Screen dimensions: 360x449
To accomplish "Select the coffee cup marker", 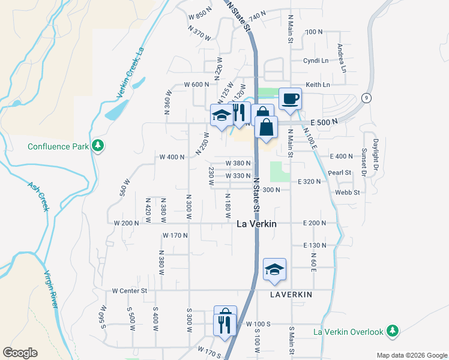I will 290,99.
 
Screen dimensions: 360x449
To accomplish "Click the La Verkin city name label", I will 256,224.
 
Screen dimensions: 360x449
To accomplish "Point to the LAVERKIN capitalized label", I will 291,296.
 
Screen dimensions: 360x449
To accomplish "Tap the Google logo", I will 20,353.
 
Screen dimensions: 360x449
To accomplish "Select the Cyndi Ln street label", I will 316,61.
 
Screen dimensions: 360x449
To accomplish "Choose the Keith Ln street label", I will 318,85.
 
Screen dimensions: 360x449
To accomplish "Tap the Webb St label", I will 347,193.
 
